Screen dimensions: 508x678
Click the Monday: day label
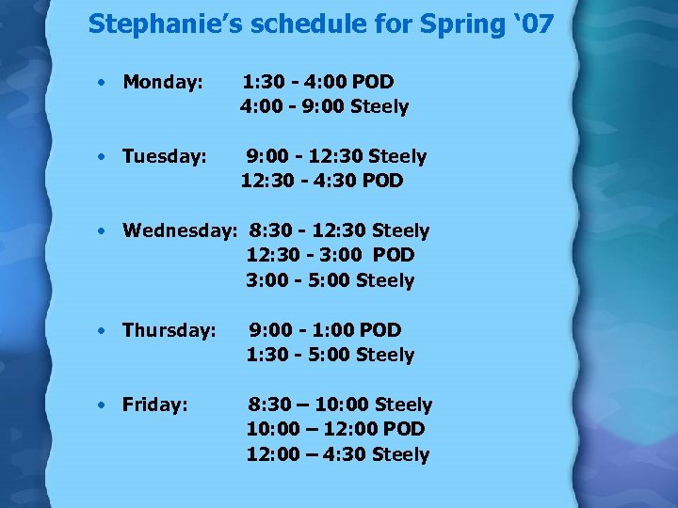(x=163, y=82)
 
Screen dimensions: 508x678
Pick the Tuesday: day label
(x=165, y=156)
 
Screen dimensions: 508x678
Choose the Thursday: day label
(x=169, y=330)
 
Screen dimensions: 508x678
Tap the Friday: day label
(x=155, y=405)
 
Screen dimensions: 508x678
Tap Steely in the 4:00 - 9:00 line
(x=379, y=106)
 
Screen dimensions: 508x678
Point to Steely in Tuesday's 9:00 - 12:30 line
(x=397, y=156)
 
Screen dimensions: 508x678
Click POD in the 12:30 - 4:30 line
(x=382, y=181)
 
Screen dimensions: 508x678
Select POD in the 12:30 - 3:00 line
(x=394, y=255)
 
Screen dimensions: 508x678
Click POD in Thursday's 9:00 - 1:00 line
(x=380, y=330)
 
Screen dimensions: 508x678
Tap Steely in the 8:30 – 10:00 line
(x=403, y=405)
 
